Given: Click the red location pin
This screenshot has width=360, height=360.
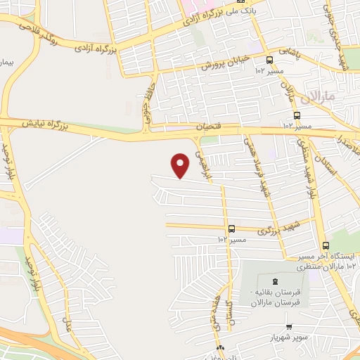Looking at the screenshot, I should coord(181,165).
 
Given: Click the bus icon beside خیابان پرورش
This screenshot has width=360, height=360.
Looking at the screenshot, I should coord(271,60).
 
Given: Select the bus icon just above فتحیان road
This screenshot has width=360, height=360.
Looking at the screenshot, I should coord(297,115).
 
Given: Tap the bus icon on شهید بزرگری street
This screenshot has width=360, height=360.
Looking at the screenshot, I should coord(231,229).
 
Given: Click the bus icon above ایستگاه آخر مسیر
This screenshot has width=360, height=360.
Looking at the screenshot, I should coord(325,246).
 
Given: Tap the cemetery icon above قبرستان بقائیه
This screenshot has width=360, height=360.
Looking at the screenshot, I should coord(274,281).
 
